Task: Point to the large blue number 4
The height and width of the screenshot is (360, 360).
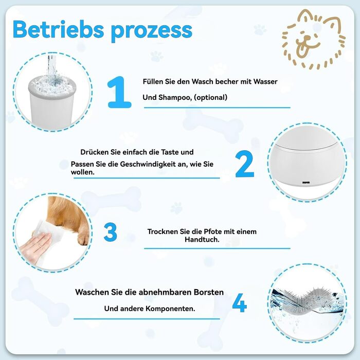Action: tap(240, 303)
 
